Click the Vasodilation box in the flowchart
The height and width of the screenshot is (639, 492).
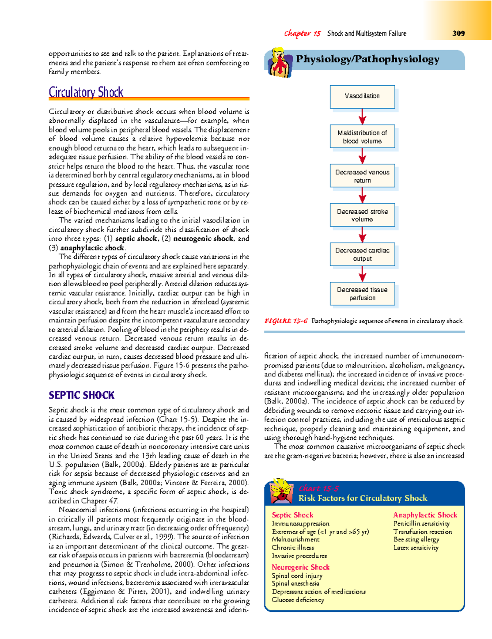click(x=362, y=96)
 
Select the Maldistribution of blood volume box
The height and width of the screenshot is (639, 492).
click(x=362, y=137)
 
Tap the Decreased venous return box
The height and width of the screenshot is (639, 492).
click(x=362, y=176)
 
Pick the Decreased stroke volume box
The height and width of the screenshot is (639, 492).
click(x=362, y=215)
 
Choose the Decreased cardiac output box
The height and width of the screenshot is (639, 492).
click(x=362, y=254)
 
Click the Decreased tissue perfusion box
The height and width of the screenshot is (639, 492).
click(x=362, y=294)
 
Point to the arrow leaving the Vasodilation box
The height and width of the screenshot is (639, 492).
click(x=362, y=116)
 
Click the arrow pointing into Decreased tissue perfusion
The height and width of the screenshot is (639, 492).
click(x=362, y=274)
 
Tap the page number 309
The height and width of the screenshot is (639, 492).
click(x=458, y=33)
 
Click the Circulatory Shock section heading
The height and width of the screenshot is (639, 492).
click(x=86, y=92)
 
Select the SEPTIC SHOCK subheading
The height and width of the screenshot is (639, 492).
click(x=82, y=395)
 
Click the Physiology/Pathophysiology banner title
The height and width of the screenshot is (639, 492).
click(x=367, y=59)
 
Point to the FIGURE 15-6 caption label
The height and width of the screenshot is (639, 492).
click(x=286, y=321)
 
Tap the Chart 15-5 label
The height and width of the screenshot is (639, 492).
click(x=319, y=488)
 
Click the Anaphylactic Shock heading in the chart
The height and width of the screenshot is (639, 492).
click(x=425, y=515)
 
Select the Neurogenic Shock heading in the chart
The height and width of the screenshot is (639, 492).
click(x=301, y=567)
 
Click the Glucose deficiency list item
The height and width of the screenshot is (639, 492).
click(x=298, y=600)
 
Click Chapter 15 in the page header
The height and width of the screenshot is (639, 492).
click(x=302, y=34)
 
